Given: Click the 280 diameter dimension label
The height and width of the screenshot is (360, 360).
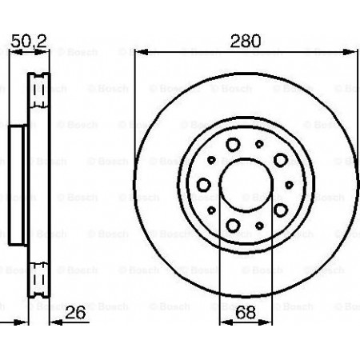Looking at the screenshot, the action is click(x=246, y=41).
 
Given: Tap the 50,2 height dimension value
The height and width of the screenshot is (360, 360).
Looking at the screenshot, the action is click(x=29, y=41).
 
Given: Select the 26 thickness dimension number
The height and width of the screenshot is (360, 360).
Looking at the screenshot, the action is click(x=75, y=312).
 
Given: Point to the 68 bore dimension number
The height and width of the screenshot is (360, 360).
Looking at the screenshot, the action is click(x=246, y=312).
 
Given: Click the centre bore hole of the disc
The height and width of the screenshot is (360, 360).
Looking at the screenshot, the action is click(x=246, y=184).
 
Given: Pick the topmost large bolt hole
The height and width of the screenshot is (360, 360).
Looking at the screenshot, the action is click(x=233, y=145).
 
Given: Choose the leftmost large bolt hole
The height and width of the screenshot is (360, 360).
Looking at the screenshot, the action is click(x=204, y=185).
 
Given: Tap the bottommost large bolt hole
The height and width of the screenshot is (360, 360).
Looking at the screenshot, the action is click(x=233, y=226).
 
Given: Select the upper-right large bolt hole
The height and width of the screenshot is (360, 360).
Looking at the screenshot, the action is click(x=281, y=160).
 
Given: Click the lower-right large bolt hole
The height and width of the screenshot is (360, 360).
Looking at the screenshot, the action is click(x=281, y=210).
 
